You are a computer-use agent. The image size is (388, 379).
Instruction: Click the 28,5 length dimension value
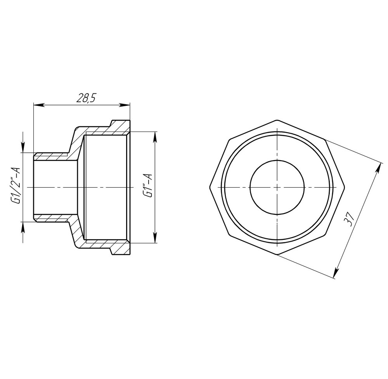[x=85, y=98]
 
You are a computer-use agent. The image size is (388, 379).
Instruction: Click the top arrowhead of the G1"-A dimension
[x=155, y=136]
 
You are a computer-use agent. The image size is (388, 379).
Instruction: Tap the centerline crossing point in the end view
[x=277, y=187]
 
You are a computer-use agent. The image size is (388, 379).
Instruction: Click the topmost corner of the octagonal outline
[x=277, y=119]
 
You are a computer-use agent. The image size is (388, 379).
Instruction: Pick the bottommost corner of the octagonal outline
[x=277, y=255]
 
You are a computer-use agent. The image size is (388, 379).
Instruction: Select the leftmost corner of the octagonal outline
[x=210, y=187]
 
